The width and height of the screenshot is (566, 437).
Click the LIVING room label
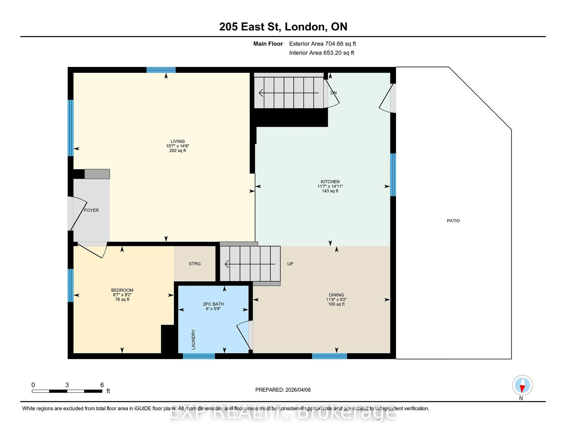pos(177,141)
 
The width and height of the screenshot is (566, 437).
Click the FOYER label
pos(91,210)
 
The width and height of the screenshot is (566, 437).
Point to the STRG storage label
pos(194,264)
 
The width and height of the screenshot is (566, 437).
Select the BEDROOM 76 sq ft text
pos(122,299)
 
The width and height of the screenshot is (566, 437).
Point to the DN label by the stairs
pos(333,93)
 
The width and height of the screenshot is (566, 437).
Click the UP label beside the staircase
pos(290,264)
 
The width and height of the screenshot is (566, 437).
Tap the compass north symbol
pos(522,385)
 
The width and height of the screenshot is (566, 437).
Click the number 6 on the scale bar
pos(102,385)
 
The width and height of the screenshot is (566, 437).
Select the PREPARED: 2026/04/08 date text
pos(283,390)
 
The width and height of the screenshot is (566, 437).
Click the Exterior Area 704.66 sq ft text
pos(322,44)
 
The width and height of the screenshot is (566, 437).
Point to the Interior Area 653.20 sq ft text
pos(321,53)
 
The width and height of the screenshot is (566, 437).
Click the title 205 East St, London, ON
pos(283,27)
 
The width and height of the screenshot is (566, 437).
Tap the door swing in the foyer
pos(78,214)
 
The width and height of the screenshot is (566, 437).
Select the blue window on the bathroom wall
pos(199,356)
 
